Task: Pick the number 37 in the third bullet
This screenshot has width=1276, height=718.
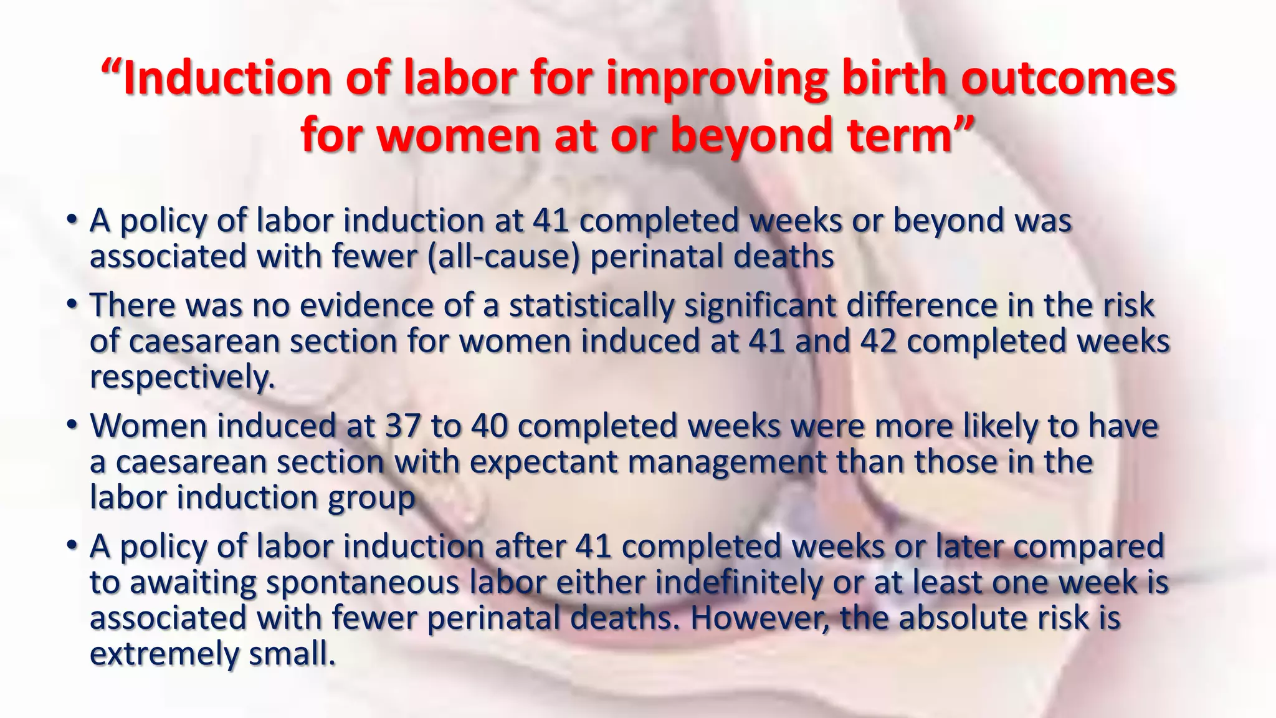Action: click(x=403, y=426)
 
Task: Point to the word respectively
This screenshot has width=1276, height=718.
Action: click(x=182, y=378)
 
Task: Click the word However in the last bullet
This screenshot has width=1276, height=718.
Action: click(x=760, y=619)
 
